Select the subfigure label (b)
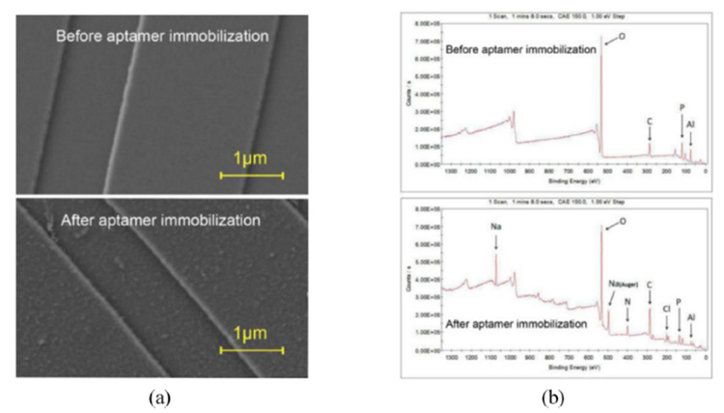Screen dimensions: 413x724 coord(549,396)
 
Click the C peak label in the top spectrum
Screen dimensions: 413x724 coord(650,121)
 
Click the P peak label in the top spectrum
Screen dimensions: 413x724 coord(682,107)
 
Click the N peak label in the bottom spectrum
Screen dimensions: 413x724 coord(627,300)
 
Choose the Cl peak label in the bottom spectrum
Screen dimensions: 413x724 coord(666,309)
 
